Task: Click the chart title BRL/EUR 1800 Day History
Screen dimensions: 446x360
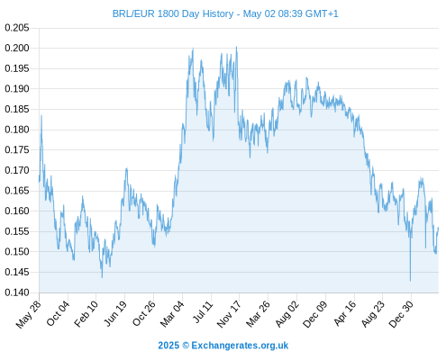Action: pos(173,13)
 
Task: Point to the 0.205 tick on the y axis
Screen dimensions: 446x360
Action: pos(17,28)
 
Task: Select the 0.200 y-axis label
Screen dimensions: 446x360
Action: pos(17,48)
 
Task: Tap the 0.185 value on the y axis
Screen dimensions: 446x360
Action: pos(17,109)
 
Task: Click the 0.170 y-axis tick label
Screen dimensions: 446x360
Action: pos(17,170)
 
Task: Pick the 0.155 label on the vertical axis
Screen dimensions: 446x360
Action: pos(17,231)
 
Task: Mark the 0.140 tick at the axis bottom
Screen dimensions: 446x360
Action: pos(17,292)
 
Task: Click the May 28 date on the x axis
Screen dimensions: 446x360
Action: pos(29,314)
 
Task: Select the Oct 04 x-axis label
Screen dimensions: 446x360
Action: pos(58,313)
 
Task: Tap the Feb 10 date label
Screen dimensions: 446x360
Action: pos(86,314)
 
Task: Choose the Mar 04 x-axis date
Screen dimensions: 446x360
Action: pos(172,314)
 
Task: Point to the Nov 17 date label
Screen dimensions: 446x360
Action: pos(229,314)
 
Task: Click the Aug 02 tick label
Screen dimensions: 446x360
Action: pos(287,314)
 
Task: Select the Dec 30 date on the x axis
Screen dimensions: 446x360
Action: pos(401,314)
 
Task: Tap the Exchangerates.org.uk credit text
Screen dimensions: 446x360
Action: pos(240,346)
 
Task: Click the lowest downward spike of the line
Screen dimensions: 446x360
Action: pos(410,281)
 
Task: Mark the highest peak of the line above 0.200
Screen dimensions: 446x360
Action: pos(237,47)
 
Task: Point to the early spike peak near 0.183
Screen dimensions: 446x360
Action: pos(41,115)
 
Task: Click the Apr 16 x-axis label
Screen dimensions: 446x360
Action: pos(345,313)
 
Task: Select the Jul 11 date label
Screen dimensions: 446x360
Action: pos(203,312)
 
